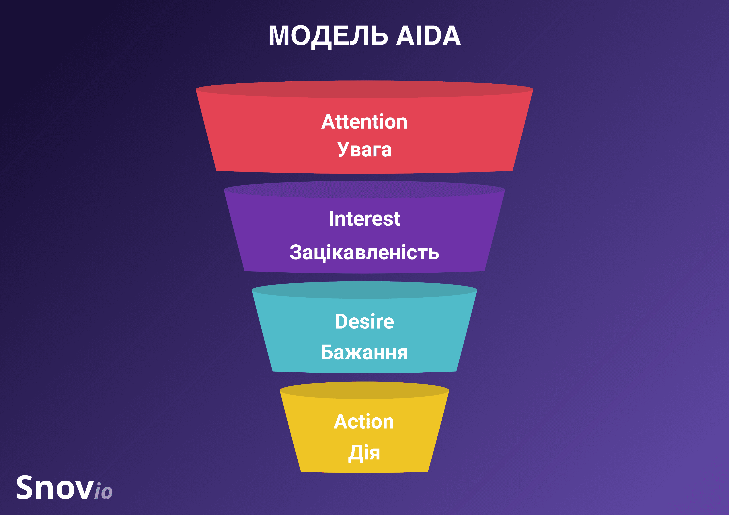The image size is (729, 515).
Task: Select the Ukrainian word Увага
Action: [364, 149]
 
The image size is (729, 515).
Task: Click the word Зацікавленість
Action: [364, 253]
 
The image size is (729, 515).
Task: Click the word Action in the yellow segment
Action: [364, 422]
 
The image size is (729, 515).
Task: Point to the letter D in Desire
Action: [341, 321]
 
